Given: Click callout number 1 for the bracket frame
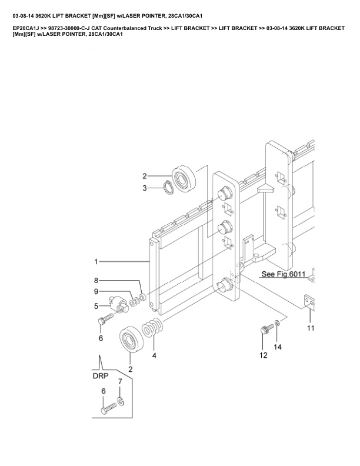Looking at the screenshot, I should point(95,261).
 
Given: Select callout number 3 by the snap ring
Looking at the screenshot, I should point(145,188).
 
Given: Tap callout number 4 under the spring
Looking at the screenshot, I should point(154,355).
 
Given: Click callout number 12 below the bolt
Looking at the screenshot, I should point(264,355).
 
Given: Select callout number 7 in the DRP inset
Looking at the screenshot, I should point(120,382).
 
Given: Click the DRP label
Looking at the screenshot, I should point(101,375).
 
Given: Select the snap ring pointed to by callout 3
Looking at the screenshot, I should point(168,188).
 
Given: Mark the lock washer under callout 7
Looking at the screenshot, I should point(120,402).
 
